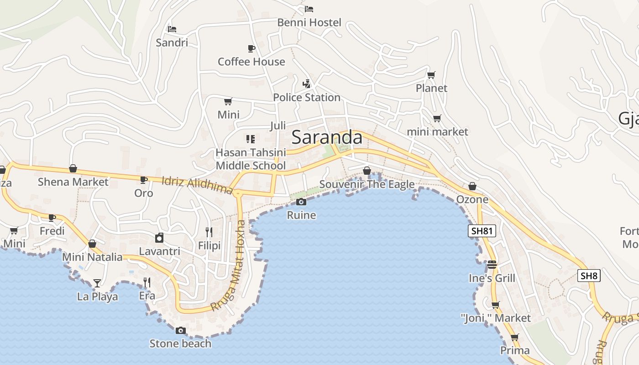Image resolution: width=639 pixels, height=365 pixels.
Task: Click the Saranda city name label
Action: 327,137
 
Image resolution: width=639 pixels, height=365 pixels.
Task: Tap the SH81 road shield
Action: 482,231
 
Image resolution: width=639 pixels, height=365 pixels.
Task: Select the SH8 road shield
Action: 589,276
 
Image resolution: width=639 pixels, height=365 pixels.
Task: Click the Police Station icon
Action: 307,84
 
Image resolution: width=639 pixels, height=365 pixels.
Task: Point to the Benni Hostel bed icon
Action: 309,9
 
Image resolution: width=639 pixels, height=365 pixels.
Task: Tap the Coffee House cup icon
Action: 251,48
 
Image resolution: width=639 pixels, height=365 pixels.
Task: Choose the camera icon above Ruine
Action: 301,202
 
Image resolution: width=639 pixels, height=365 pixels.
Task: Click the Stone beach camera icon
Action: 181,330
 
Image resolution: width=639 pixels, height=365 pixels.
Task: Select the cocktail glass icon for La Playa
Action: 97,283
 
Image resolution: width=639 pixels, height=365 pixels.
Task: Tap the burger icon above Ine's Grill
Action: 492,264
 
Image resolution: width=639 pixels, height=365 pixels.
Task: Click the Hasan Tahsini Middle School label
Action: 251,159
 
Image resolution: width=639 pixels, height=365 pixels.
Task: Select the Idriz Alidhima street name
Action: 197,185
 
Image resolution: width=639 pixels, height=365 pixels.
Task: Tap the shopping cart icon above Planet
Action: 431,75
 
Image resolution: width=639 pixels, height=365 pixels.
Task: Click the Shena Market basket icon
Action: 73,169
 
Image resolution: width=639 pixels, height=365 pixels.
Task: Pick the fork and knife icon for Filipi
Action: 209,232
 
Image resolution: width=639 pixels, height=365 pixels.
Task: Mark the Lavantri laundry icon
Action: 159,238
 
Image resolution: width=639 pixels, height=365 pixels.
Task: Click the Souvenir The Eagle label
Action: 367,184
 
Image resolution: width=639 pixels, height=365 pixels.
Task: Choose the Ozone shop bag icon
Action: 472,187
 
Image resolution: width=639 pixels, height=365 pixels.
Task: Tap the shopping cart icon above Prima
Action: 515,338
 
